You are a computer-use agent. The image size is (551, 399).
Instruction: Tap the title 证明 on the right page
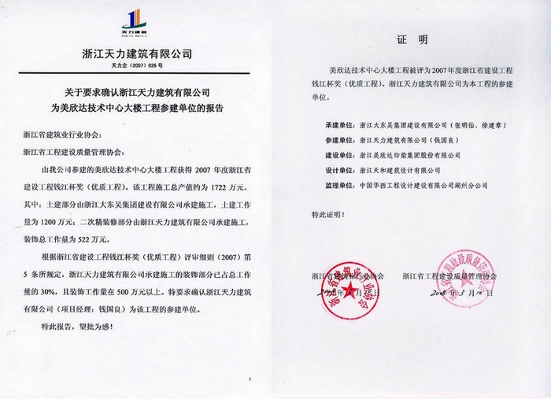(x=409, y=39)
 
